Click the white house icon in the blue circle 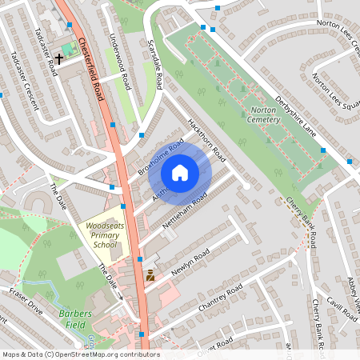point(180,172)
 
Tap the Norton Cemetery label point(263,114)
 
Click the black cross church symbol point(59,59)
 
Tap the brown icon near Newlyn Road point(150,276)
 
